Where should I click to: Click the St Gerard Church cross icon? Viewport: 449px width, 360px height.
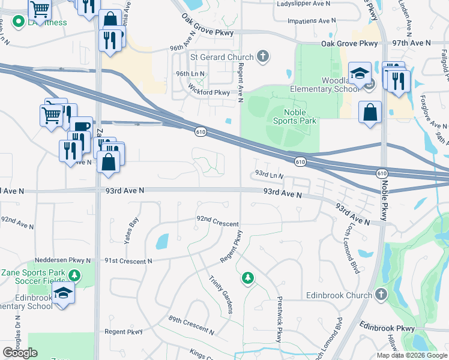pyautogui.click(x=262, y=57)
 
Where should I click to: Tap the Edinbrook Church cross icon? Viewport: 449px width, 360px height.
pyautogui.click(x=381, y=295)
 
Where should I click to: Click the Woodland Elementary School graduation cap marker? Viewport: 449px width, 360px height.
pyautogui.click(x=360, y=74)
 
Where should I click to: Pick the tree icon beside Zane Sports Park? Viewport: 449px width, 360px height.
pyautogui.click(x=74, y=276)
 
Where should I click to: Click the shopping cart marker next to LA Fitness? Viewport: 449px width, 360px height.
pyautogui.click(x=40, y=8)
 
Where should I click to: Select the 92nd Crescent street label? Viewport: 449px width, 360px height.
pyautogui.click(x=218, y=220)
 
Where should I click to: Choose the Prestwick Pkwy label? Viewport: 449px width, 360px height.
pyautogui.click(x=279, y=320)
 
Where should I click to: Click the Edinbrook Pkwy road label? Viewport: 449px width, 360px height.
pyautogui.click(x=387, y=328)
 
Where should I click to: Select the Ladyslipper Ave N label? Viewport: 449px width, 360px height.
pyautogui.click(x=304, y=4)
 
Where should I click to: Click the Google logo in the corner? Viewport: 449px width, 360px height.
pyautogui.click(x=20, y=353)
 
